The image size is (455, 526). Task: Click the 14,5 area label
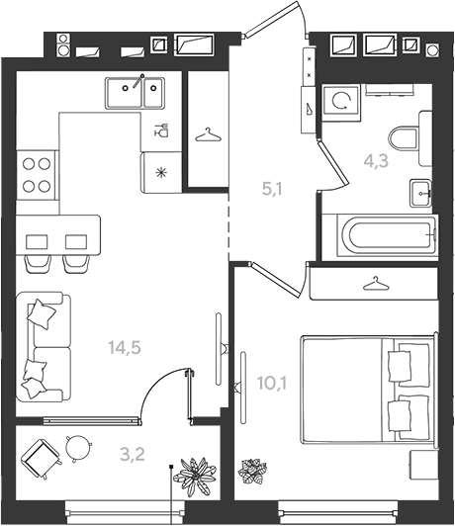click(x=125, y=347)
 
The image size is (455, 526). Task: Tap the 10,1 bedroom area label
click(x=272, y=383)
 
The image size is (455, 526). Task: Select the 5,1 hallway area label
click(x=272, y=189)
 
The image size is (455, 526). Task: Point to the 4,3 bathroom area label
click(x=376, y=161)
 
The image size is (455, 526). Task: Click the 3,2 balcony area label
click(x=133, y=455)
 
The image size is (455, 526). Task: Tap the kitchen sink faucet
click(x=138, y=81)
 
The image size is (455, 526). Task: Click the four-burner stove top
click(x=37, y=175)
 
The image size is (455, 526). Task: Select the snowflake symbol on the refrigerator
click(x=162, y=173)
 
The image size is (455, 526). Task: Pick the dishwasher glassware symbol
click(x=161, y=130)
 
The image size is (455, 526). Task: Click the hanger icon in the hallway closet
click(x=208, y=134)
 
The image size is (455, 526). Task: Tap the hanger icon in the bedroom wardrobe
click(x=376, y=284)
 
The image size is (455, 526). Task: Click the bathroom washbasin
click(x=420, y=193)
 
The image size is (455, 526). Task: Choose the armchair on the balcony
click(x=41, y=458)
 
